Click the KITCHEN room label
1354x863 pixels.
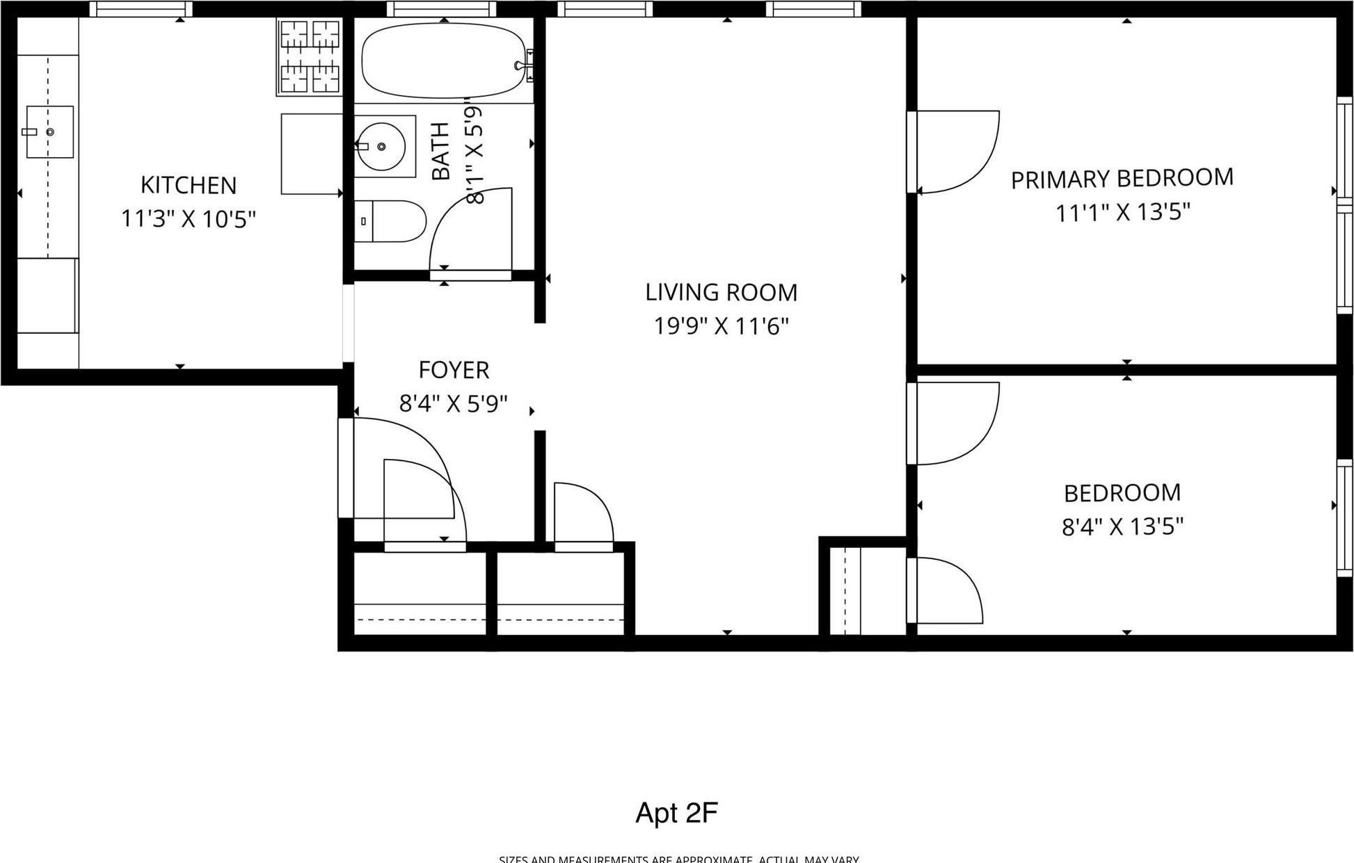189,185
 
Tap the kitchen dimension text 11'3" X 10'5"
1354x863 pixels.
189,219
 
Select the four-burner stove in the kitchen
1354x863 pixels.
310,56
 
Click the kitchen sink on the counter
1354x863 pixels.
49,131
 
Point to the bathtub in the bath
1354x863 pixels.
443,61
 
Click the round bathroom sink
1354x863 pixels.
381,147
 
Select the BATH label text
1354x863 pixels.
441,151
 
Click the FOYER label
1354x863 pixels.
454,370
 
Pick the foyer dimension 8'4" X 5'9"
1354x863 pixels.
454,403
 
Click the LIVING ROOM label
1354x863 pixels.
721,292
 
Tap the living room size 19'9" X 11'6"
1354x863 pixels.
721,325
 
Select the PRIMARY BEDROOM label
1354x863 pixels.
1122,179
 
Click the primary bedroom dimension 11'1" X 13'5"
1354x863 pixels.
1122,212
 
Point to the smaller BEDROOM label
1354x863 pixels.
1122,493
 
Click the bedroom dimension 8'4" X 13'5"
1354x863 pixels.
1122,526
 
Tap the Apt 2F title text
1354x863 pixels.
676,812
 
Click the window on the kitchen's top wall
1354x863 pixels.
141,9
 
